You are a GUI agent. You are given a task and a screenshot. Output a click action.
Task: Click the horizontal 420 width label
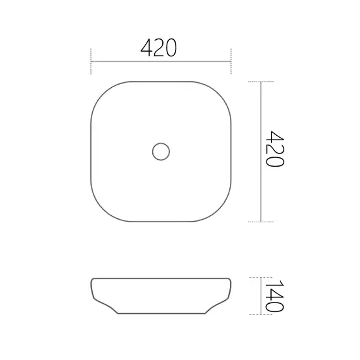[158, 47]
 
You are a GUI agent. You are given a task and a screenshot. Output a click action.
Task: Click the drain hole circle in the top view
[161, 152]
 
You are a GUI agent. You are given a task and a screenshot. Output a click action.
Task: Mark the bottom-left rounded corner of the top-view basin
[101, 212]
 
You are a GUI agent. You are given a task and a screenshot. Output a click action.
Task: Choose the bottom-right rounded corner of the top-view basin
[222, 212]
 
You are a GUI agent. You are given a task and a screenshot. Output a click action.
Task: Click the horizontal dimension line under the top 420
[161, 61]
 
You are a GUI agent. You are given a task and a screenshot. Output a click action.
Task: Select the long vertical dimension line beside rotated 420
[261, 152]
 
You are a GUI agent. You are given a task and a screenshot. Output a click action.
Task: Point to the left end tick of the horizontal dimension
[92, 57]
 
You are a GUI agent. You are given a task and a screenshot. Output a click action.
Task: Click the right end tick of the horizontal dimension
[231, 57]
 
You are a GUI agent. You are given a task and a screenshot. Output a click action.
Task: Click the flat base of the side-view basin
[161, 314]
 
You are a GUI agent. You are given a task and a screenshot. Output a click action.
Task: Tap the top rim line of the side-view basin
[161, 278]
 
